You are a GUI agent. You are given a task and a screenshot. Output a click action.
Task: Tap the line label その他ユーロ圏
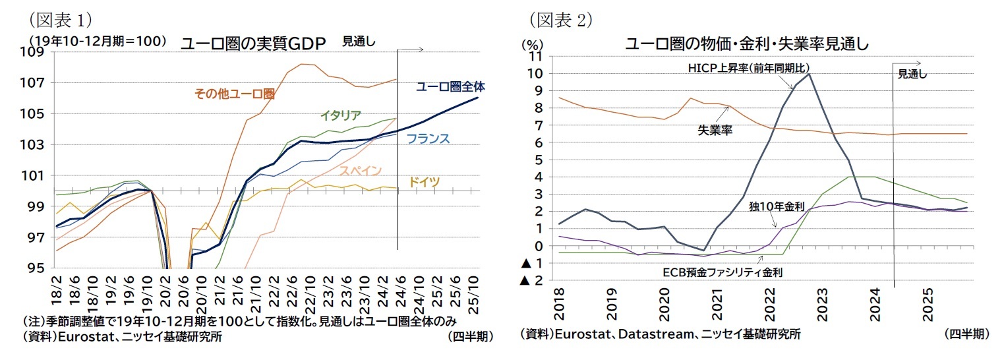pos(234,94)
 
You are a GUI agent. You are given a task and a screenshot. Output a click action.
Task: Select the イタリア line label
pos(340,115)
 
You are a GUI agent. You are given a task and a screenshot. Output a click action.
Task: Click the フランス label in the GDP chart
pos(428,138)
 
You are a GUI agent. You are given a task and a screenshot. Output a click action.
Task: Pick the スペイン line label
pos(361,171)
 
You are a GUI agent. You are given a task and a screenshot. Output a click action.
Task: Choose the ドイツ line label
pos(425,182)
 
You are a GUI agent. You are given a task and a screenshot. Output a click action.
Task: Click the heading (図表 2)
pos(561,20)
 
